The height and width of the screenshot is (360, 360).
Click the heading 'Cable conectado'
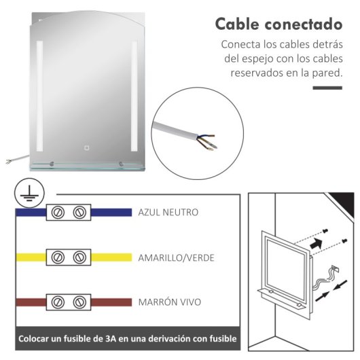(x=278, y=24)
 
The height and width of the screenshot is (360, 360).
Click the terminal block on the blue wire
(x=69, y=213)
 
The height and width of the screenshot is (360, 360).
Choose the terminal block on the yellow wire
(x=69, y=257)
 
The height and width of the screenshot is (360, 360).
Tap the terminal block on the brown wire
(x=69, y=301)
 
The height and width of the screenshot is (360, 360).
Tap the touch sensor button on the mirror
(x=87, y=147)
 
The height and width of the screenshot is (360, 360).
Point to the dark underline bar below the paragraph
(x=327, y=88)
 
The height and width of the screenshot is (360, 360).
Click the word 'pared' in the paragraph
(x=326, y=72)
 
